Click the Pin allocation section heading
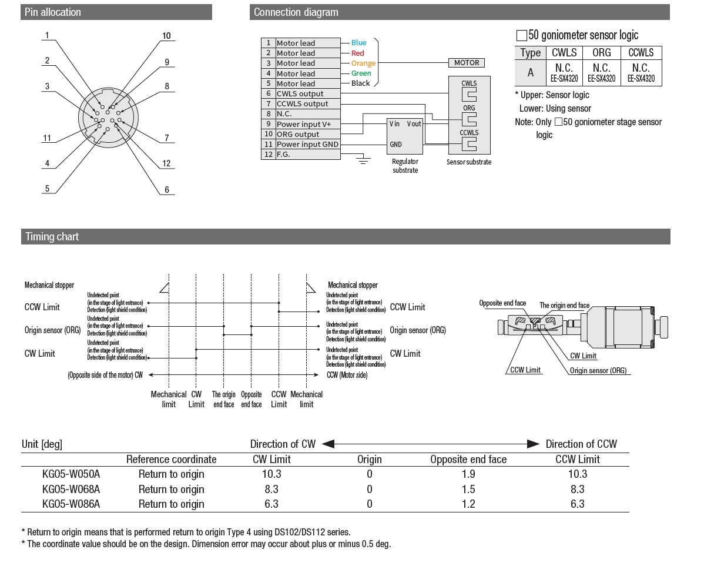click(52, 12)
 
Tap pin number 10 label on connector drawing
click(166, 36)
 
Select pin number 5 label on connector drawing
click(47, 189)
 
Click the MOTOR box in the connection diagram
click(467, 63)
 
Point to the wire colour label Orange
click(363, 63)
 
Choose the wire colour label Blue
click(358, 43)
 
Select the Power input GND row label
click(307, 144)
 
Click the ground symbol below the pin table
click(363, 160)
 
